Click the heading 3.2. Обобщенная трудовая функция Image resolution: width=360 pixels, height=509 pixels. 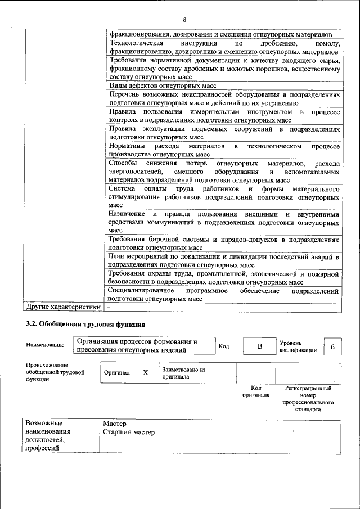point(85,325)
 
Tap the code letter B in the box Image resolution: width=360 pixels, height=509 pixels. point(260,346)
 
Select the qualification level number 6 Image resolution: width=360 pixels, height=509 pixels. point(332,347)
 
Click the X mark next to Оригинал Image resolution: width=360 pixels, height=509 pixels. point(146,372)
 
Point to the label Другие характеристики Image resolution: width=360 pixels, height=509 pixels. point(62,308)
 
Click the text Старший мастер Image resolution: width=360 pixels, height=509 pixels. point(129,432)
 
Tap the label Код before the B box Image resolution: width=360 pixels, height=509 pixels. point(223,346)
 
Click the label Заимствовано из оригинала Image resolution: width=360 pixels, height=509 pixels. point(184,373)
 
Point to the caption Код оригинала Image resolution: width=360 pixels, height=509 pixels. point(256,391)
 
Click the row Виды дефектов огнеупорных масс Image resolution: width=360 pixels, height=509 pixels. point(163,86)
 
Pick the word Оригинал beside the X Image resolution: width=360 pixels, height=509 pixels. point(117,372)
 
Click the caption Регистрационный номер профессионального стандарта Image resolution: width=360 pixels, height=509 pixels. point(308,399)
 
